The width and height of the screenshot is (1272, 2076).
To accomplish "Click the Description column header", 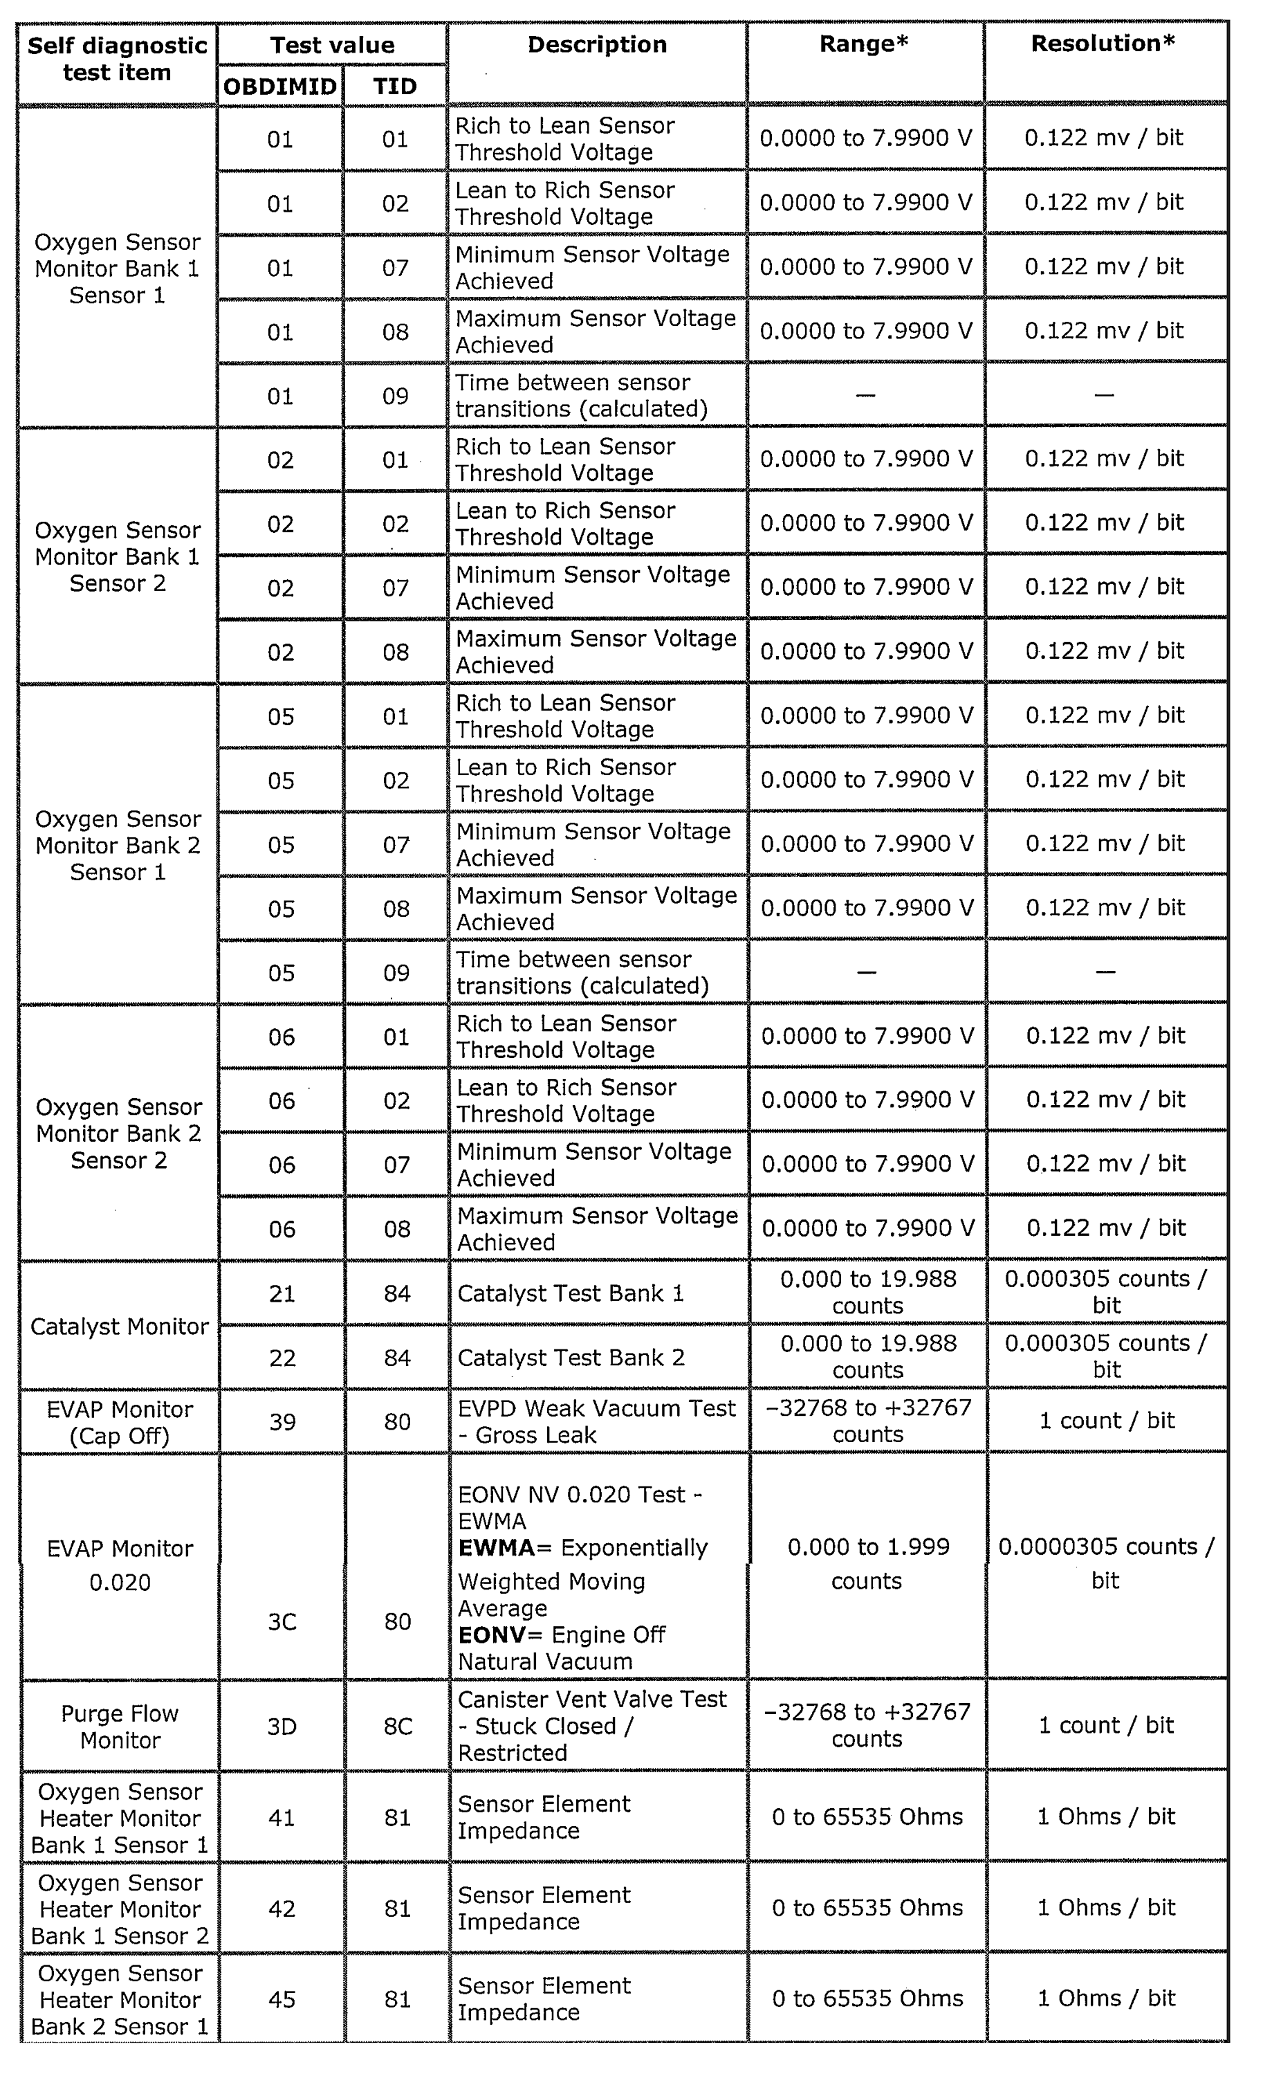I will (596, 45).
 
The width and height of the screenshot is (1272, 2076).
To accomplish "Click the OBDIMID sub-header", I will (279, 86).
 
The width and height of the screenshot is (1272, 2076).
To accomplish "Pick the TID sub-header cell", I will (395, 86).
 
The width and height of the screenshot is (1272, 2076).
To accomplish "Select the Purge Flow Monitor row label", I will (120, 1727).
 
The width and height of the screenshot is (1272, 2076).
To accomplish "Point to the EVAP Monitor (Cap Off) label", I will (120, 1422).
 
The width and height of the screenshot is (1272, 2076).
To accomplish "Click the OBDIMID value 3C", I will (282, 1622).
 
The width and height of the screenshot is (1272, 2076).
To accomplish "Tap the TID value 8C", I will (398, 1727).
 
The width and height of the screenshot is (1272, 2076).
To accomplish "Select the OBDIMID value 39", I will (282, 1422).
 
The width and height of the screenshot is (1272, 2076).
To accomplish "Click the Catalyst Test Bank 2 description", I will (571, 1358).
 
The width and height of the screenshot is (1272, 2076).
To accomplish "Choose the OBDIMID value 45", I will (282, 1999).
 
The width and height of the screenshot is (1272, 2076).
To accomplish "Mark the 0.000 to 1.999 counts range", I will (867, 1564).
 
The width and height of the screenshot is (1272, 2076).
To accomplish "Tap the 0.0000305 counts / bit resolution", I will (1105, 1564).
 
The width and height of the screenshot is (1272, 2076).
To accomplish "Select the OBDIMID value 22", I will (282, 1358).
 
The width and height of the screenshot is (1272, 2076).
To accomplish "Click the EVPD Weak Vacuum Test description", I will (596, 1422).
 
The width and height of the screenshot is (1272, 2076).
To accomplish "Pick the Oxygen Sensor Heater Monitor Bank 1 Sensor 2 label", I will (120, 1909).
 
